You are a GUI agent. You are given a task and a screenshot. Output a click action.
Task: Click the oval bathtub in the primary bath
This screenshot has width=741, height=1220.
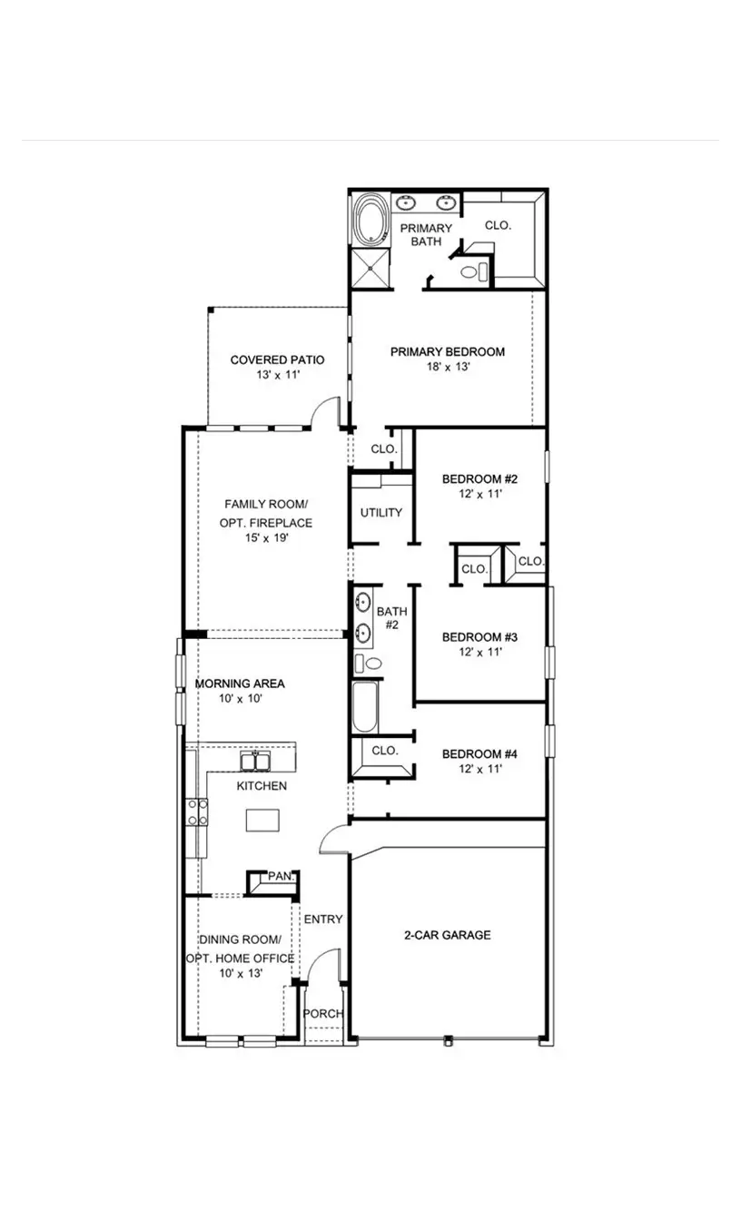(370, 220)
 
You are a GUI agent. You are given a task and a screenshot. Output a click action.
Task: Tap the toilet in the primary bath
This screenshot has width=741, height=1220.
(470, 271)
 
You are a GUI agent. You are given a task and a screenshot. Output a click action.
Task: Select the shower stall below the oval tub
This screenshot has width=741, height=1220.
(370, 269)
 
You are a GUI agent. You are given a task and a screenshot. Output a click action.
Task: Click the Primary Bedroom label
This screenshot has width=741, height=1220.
(448, 351)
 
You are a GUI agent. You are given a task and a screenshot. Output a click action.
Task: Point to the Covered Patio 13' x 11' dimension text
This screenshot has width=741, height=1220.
(277, 374)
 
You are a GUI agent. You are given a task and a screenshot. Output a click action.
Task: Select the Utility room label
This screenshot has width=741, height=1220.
(380, 513)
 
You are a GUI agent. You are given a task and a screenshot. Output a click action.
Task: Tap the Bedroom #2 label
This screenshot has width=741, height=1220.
(479, 479)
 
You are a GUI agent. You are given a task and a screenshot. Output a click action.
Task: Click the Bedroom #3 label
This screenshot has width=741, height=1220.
(479, 637)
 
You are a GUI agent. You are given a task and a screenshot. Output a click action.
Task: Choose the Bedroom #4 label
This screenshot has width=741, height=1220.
(479, 753)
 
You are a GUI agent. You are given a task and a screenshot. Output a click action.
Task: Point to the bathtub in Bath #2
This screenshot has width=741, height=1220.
(363, 708)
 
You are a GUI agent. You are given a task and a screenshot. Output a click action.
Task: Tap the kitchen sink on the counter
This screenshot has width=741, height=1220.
(254, 761)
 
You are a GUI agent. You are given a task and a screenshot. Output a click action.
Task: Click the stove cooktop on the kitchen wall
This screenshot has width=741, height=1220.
(196, 812)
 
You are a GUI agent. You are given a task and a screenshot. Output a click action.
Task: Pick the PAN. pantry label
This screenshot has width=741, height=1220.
(280, 876)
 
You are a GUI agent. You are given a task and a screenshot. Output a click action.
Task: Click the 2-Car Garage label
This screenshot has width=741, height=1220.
(447, 934)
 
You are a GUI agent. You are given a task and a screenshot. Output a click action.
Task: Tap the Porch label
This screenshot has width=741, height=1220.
(321, 1013)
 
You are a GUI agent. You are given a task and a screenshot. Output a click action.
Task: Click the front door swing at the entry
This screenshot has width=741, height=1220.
(322, 967)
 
